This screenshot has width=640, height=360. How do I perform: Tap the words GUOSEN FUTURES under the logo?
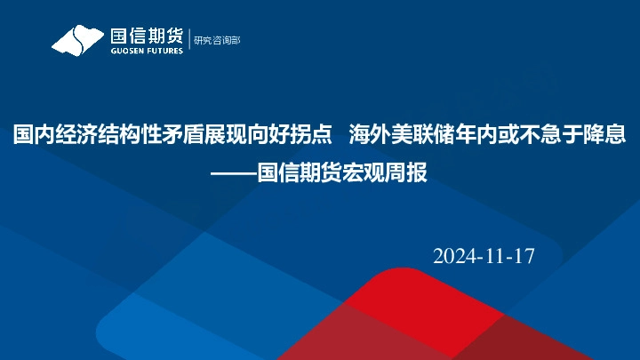coord(147,51)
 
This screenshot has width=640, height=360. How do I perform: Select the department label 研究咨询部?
coord(217,40)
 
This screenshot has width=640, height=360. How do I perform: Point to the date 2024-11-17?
coord(484,257)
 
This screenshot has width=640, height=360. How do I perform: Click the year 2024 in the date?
coord(454,257)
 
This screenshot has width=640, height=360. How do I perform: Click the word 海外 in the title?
coord(369,135)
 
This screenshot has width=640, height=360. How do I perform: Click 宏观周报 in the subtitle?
coord(385,172)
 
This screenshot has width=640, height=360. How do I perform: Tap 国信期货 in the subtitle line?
coord(299,172)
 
